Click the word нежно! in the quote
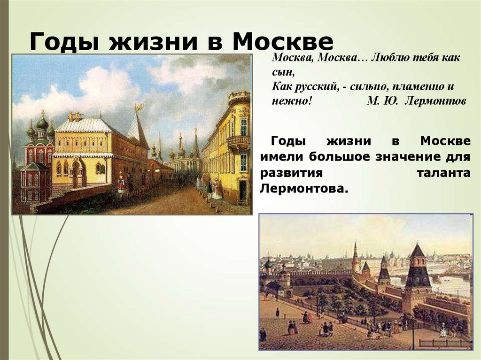point(291,100)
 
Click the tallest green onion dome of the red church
point(43,123)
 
